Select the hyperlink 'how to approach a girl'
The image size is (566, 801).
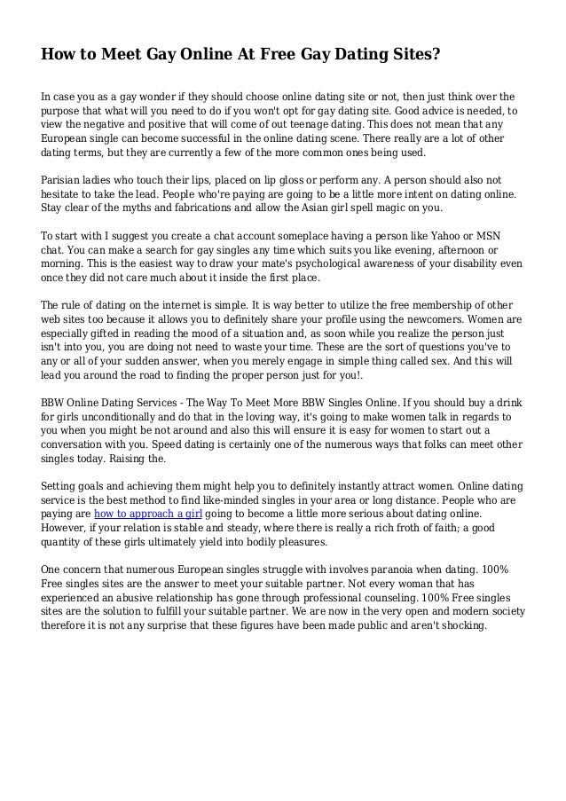pyautogui.click(x=147, y=514)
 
